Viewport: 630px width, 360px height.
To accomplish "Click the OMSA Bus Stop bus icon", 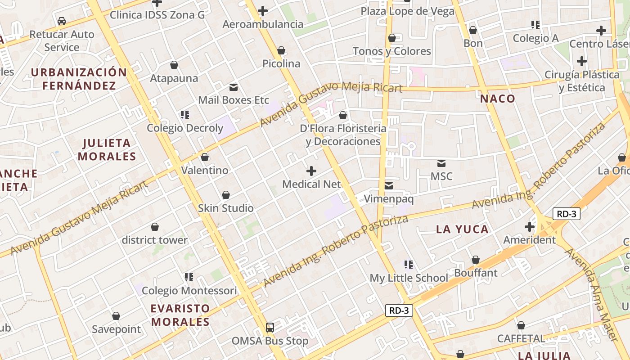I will [270, 328].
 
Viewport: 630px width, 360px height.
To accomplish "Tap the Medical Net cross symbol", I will [311, 171].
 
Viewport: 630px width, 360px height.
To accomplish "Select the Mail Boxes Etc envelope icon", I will [234, 87].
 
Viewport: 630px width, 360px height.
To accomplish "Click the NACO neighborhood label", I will [497, 99].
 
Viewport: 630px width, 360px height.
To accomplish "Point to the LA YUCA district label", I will [463, 229].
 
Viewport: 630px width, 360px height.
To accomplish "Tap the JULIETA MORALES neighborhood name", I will [107, 150].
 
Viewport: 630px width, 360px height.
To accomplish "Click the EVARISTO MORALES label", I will [180, 315].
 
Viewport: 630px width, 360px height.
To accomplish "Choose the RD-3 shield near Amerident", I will [566, 214].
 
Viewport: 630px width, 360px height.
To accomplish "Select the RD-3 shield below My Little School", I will [399, 310].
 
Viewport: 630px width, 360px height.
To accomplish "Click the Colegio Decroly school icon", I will [185, 115].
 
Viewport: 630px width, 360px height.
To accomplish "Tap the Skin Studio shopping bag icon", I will [226, 195].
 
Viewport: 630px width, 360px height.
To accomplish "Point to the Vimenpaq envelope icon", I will [389, 185].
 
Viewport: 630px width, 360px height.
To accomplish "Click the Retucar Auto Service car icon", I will [62, 21].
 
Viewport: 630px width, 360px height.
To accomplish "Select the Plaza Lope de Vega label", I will [408, 11].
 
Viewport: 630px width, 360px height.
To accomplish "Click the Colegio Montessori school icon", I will [189, 277].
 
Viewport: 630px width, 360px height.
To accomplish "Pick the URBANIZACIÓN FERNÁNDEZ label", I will [79, 79].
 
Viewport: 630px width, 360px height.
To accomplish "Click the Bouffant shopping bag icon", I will [476, 260].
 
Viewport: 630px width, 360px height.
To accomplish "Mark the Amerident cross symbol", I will [530, 226].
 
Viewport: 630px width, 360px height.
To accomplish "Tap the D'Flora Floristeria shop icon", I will [343, 115].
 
